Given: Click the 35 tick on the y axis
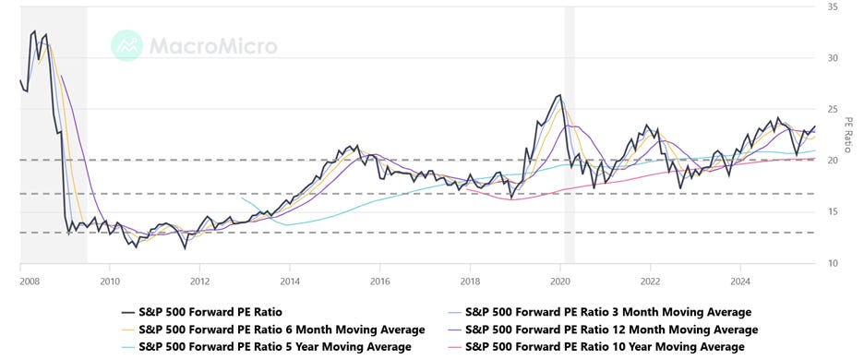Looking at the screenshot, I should coord(833,6).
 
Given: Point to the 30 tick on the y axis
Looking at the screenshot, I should coord(833,57).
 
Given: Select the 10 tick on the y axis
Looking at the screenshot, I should coord(833,264).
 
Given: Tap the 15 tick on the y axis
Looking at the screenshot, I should coord(833,212).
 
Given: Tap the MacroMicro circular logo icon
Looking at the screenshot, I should coord(127,45).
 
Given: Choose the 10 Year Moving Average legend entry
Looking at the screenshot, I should coord(605,347).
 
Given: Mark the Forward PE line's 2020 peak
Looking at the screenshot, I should coord(559,95).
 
